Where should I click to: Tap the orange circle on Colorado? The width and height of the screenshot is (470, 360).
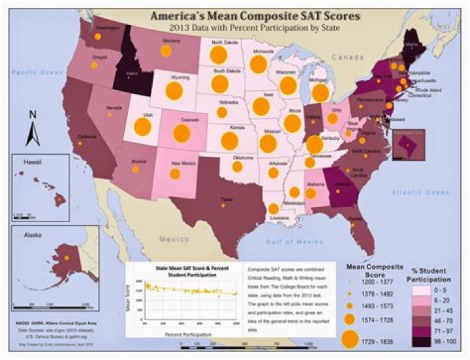coord(181,134)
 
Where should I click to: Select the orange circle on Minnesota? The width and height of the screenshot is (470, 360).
coord(258,64)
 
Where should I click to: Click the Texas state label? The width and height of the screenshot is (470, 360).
coord(227,199)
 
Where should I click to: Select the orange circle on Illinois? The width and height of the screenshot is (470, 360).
coord(292,122)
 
